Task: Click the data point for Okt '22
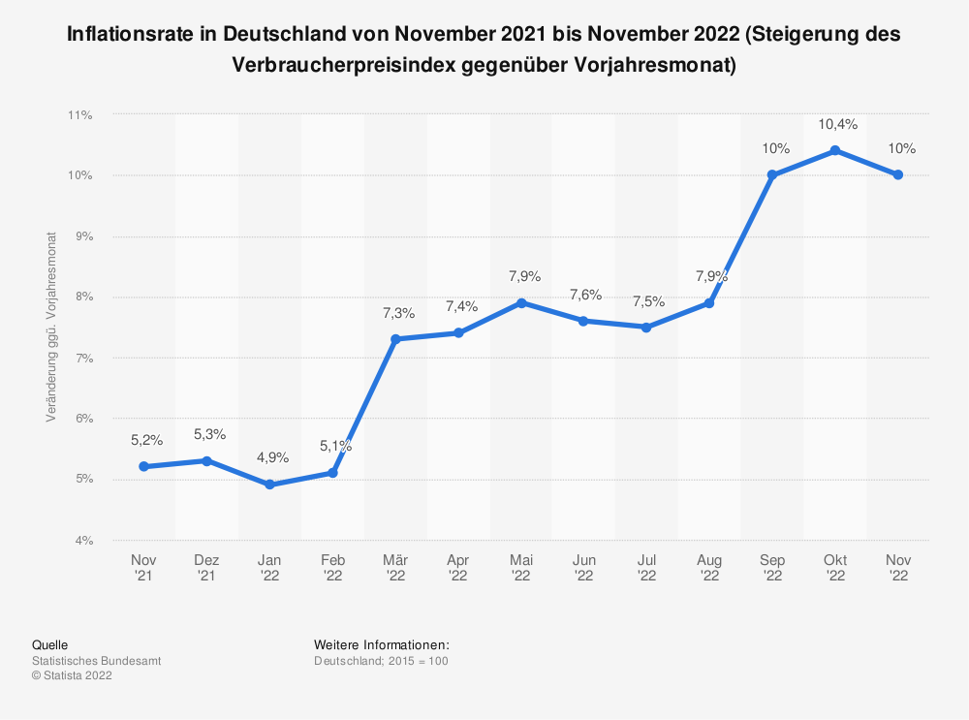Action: (x=835, y=151)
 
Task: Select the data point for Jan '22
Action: (x=269, y=485)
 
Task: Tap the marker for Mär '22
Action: (x=395, y=339)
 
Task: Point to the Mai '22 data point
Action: (x=521, y=303)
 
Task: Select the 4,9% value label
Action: (x=270, y=457)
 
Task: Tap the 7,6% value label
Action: (x=585, y=295)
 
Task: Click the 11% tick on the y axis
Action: (x=79, y=115)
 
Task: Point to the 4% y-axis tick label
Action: (x=82, y=540)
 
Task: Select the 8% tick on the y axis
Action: (x=82, y=297)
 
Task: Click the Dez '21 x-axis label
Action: (x=206, y=568)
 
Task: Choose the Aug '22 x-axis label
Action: (x=709, y=568)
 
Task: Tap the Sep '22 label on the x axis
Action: (x=772, y=568)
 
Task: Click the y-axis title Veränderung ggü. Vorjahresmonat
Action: (x=50, y=328)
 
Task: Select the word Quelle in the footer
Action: (x=50, y=644)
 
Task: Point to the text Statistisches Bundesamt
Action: (x=96, y=661)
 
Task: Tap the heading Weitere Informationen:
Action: (x=382, y=644)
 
